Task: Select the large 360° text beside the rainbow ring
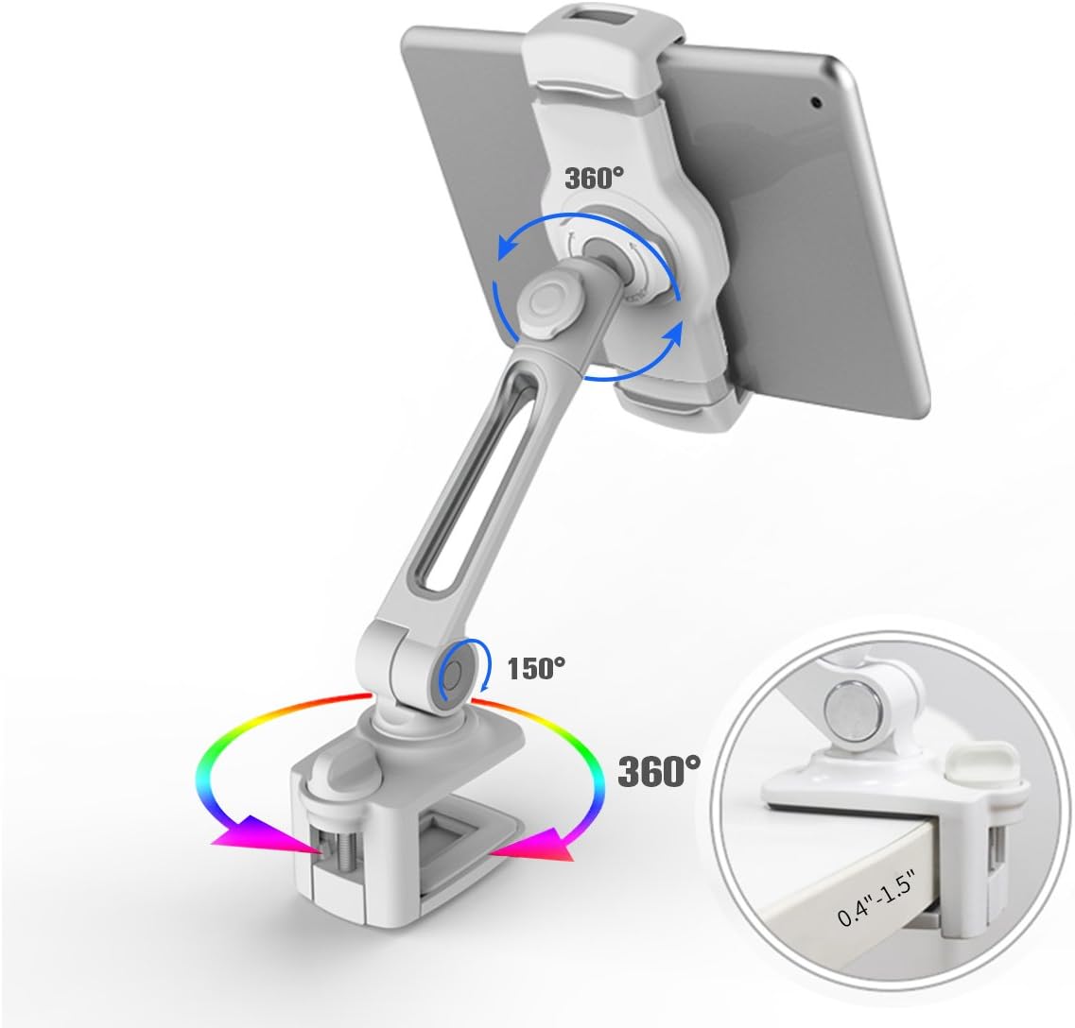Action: (659, 770)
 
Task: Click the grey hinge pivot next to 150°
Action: (452, 673)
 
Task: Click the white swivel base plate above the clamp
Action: (444, 745)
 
